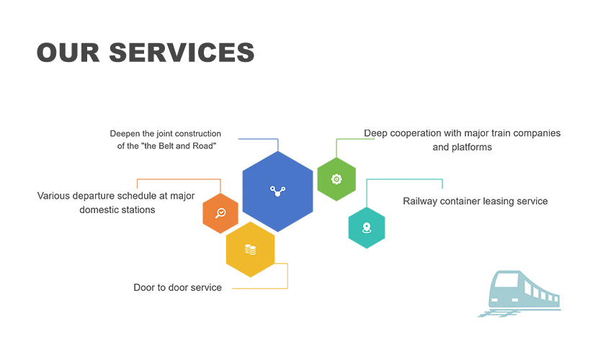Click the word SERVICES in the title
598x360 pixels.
pyautogui.click(x=182, y=53)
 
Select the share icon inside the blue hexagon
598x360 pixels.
pyautogui.click(x=278, y=191)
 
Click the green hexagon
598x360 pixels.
pyautogui.click(x=336, y=179)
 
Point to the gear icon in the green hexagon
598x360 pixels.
pyautogui.click(x=336, y=179)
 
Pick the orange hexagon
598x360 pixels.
pyautogui.click(x=220, y=213)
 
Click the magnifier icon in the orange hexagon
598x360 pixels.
pyautogui.click(x=220, y=213)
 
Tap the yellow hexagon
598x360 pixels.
pyautogui.click(x=250, y=250)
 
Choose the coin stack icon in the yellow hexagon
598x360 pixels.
pyautogui.click(x=250, y=250)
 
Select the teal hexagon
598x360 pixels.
pyautogui.click(x=367, y=228)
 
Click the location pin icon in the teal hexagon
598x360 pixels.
pyautogui.click(x=367, y=228)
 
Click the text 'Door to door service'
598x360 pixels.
pyautogui.click(x=177, y=287)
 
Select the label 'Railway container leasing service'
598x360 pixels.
pyautogui.click(x=475, y=201)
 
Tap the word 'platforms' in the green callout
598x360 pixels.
pyautogui.click(x=472, y=147)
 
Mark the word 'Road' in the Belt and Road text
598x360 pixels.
pyautogui.click(x=203, y=146)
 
